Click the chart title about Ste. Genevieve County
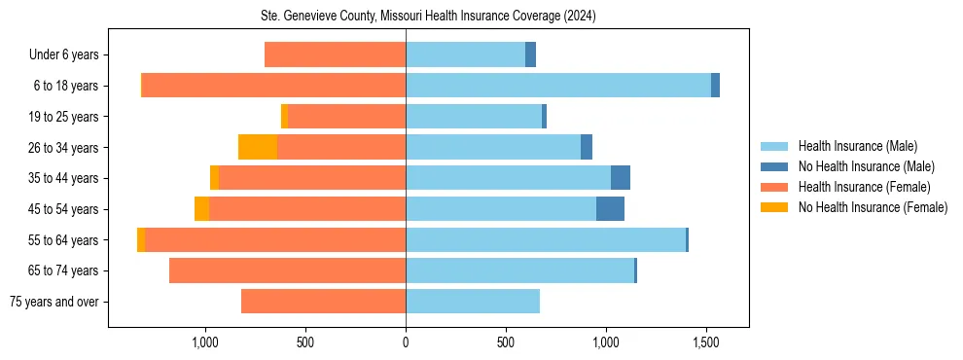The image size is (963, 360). [428, 16]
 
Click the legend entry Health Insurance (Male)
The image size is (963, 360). [857, 146]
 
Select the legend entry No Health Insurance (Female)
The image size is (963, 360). [873, 207]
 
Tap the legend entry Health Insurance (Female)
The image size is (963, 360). [864, 187]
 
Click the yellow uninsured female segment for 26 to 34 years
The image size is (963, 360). [258, 147]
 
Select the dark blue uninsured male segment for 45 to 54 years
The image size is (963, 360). [610, 209]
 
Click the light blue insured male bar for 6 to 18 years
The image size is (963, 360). [558, 86]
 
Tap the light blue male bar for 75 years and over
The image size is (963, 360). [473, 302]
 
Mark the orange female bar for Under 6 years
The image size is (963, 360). [335, 55]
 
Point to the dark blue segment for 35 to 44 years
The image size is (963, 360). [621, 178]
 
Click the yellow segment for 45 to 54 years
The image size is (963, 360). [201, 209]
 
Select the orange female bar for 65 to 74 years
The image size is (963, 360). [287, 270]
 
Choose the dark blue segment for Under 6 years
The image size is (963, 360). [530, 55]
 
